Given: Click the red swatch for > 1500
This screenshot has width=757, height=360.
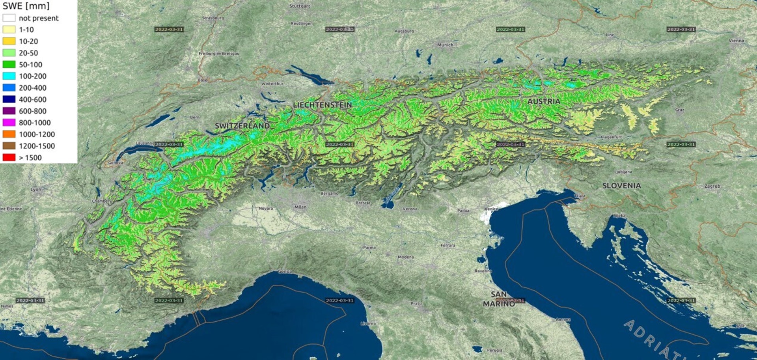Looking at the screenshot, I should point(9,158).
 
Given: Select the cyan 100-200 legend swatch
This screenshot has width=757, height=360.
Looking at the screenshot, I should point(9,76).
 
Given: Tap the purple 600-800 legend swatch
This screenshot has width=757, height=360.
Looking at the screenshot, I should point(9,111).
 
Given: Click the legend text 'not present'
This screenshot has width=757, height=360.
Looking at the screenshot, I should point(38,18).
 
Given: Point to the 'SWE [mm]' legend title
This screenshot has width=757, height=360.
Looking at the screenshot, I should point(26,6).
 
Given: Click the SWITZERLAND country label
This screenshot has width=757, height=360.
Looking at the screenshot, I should point(242,126).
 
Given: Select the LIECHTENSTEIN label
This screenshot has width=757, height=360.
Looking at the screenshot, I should point(322,105).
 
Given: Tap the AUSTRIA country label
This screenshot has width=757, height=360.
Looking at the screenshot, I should point(544,101).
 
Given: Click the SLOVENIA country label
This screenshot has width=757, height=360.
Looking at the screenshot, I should point(621,186).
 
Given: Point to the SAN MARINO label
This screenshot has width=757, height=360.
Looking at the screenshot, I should point(499,299).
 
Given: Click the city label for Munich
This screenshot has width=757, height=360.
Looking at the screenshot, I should point(445,45).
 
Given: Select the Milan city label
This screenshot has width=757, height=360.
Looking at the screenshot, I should point(300,207).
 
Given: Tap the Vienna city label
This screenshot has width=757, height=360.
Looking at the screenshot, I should point(736,41).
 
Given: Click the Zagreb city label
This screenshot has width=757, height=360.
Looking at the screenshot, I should point(712,186).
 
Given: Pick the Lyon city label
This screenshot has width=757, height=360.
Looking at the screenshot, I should point(36,190).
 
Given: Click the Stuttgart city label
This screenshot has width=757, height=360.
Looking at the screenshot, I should point(300,6).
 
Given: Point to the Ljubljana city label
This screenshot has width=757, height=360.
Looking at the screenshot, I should point(623,172).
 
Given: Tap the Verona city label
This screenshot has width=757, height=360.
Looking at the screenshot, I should point(410,209).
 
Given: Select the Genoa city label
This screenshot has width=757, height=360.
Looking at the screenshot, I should point(285,272).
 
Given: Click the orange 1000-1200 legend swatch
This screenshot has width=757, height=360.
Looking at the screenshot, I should point(9,134).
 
